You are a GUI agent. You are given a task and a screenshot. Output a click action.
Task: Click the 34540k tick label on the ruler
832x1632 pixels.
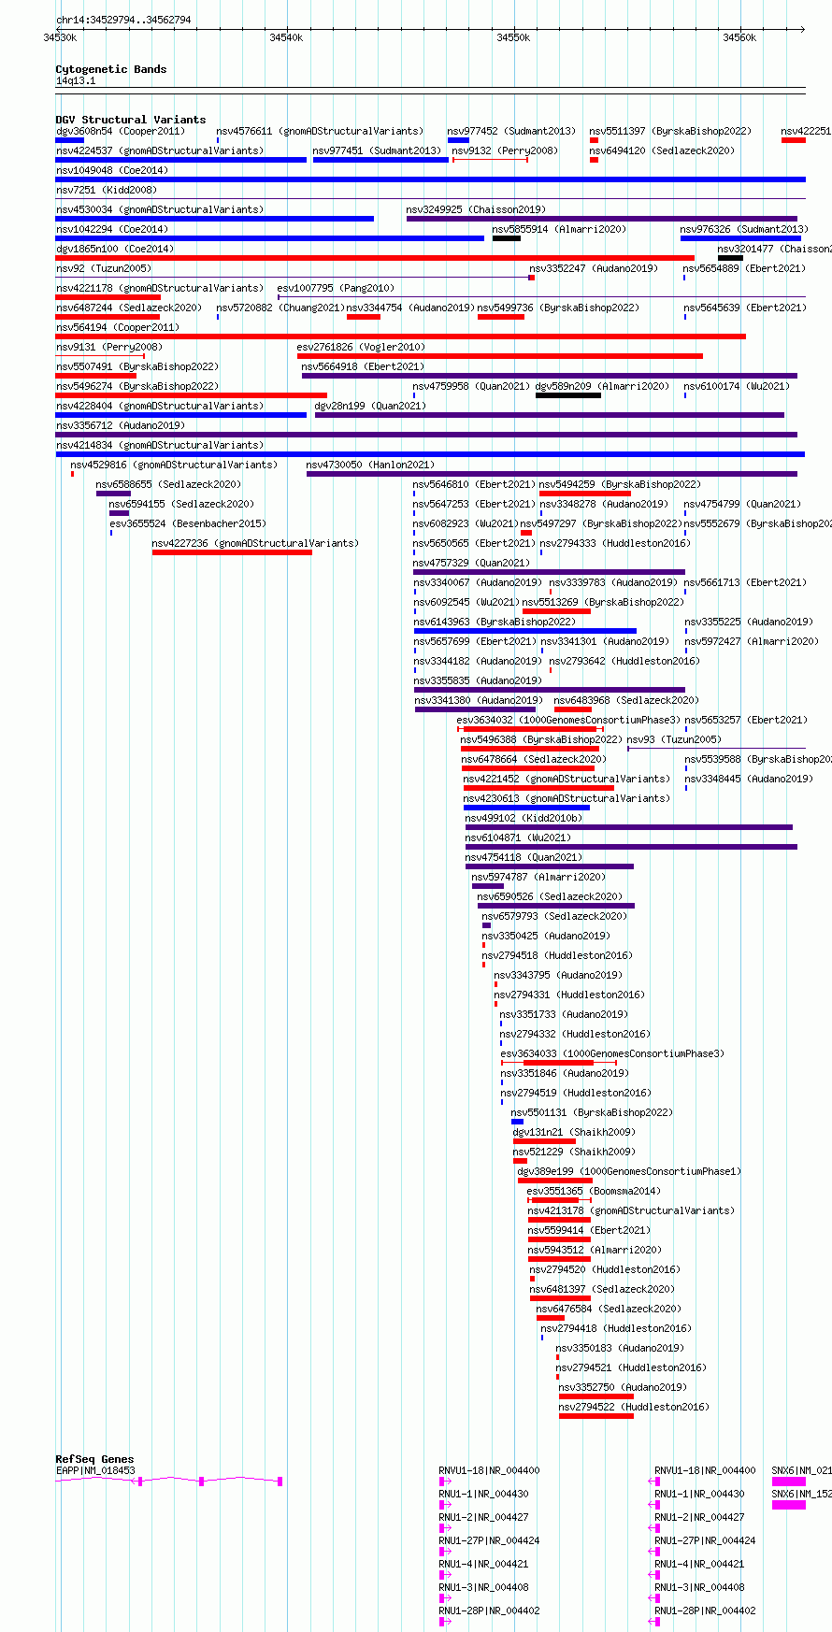click(286, 37)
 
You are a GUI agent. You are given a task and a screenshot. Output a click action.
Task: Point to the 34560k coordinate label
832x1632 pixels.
click(739, 37)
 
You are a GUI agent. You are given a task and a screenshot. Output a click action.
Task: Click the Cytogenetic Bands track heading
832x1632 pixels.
click(111, 69)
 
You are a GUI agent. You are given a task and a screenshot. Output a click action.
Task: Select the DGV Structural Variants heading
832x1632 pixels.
click(131, 120)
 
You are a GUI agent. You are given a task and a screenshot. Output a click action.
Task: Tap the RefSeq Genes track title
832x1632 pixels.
click(94, 1459)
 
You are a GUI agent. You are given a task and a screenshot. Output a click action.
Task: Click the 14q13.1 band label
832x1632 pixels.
click(76, 81)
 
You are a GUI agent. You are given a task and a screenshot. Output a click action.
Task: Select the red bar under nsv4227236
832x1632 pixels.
click(232, 552)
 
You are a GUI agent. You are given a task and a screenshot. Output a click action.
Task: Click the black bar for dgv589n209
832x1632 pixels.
click(568, 395)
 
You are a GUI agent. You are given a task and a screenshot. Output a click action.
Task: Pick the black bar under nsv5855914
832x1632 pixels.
click(507, 238)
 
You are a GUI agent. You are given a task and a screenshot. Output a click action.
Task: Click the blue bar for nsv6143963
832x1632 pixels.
click(525, 631)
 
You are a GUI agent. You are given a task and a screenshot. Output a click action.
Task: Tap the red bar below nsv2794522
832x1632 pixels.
click(596, 1416)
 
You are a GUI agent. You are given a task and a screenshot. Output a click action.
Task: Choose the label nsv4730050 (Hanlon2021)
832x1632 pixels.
click(370, 465)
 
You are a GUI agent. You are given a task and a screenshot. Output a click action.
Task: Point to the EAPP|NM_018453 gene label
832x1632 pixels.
click(95, 1470)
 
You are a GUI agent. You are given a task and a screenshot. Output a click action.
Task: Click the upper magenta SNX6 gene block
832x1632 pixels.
click(788, 1482)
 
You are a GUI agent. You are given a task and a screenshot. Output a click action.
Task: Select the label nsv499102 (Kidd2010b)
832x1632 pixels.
click(524, 818)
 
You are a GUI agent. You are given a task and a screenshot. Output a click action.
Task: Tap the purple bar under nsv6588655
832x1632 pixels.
click(113, 494)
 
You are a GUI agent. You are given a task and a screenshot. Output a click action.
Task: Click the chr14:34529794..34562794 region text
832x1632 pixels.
click(123, 20)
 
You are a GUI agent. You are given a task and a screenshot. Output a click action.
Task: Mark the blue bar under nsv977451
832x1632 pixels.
click(380, 160)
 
